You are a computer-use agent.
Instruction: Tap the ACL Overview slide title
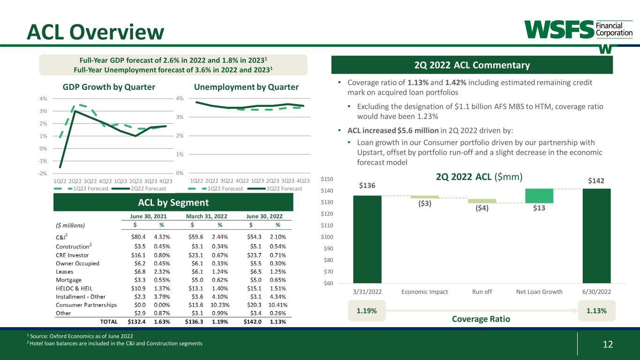click(96, 31)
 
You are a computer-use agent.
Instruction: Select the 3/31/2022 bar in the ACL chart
click(367, 239)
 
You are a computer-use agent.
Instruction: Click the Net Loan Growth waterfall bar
click(539, 196)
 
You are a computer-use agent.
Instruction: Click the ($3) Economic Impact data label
click(425, 203)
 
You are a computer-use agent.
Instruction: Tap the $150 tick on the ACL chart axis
click(328, 180)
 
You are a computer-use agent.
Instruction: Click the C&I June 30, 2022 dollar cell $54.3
click(255, 237)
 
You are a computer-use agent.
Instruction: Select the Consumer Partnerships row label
click(86, 305)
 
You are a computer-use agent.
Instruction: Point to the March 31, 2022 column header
click(207, 216)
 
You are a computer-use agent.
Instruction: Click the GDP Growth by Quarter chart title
click(109, 87)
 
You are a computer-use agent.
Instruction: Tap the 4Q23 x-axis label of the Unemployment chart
click(303, 180)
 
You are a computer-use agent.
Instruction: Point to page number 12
click(608, 345)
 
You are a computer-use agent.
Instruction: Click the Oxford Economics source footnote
click(80, 336)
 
